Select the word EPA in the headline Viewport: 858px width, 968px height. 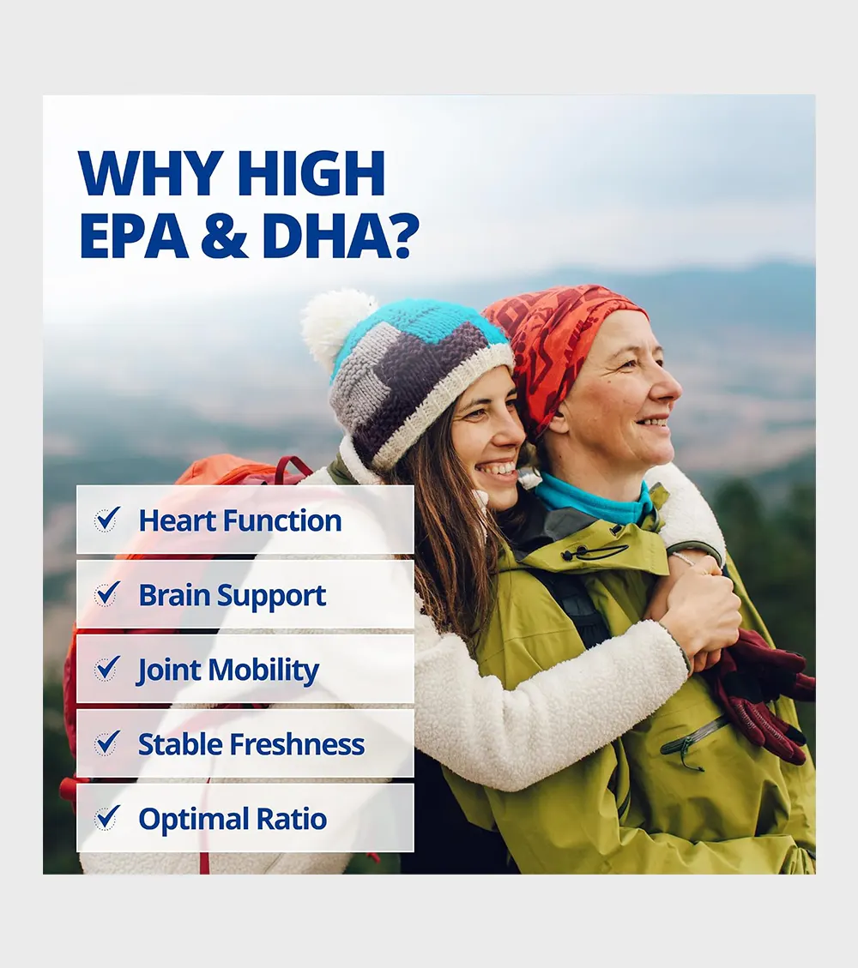pos(134,235)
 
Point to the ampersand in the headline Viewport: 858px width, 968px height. pos(224,235)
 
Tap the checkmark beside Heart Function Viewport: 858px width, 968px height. pos(107,520)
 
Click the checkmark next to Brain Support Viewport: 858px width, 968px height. pos(107,594)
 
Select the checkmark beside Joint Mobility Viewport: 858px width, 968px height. pos(107,669)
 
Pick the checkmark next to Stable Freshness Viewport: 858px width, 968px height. pos(107,743)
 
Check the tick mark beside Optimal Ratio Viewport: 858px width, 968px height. pos(107,818)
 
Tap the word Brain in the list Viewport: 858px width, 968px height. pos(173,595)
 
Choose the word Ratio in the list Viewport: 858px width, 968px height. pos(291,819)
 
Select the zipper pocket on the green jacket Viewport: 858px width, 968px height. pos(692,739)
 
